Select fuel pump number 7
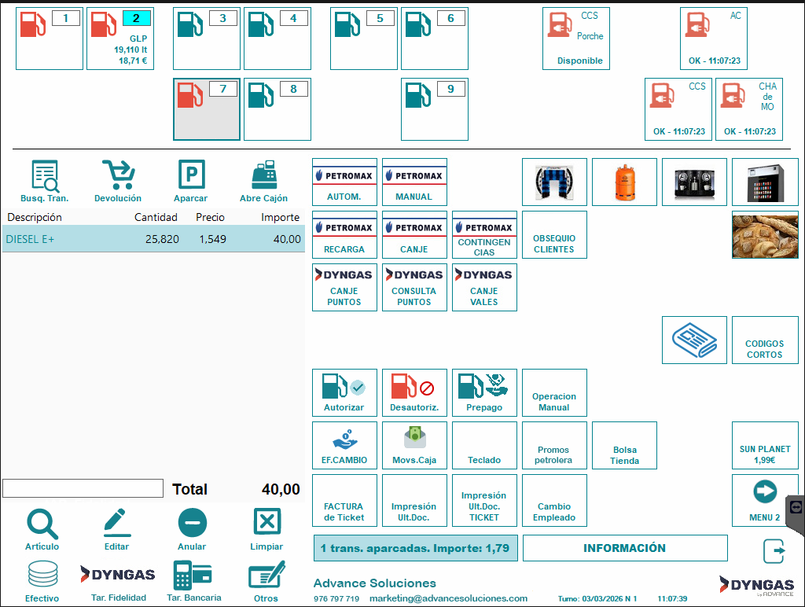pyautogui.click(x=206, y=109)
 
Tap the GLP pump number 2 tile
pyautogui.click(x=119, y=39)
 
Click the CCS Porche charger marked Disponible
pyautogui.click(x=576, y=39)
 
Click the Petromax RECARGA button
pyautogui.click(x=344, y=234)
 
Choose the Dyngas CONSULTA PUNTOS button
pyautogui.click(x=414, y=287)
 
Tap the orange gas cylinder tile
pyautogui.click(x=624, y=182)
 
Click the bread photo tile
pyautogui.click(x=764, y=234)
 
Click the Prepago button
pyautogui.click(x=484, y=392)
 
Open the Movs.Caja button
pyautogui.click(x=414, y=445)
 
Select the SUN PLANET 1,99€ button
pyautogui.click(x=764, y=445)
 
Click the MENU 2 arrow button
pyautogui.click(x=764, y=498)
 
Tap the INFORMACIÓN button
pyautogui.click(x=624, y=548)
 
